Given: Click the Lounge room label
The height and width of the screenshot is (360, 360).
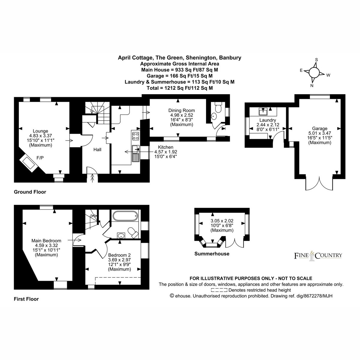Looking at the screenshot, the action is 40,131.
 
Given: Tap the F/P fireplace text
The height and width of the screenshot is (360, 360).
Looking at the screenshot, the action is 40,158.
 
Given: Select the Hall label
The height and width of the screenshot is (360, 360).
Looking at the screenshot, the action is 97,149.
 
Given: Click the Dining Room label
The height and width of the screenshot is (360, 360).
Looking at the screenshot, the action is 181,110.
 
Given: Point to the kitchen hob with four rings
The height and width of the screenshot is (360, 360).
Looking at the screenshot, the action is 135,136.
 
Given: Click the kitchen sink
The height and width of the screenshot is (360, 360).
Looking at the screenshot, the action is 136,153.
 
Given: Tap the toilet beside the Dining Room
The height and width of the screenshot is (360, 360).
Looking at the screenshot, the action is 218,107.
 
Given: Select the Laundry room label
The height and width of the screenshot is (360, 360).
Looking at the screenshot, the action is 268,120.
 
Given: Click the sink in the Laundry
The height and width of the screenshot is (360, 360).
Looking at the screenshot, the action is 263,112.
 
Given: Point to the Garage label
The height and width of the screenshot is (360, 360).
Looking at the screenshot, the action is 319,128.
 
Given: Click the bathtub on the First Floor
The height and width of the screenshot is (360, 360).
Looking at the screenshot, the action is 125,216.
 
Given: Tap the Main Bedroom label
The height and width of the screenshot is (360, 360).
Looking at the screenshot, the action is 46,241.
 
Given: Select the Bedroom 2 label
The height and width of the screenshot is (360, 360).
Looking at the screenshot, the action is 119,255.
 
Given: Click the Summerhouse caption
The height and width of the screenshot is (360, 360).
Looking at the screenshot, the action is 212,254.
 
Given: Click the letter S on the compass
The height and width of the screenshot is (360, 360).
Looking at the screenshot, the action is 316,60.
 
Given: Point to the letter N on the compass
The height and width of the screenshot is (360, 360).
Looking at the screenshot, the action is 312,86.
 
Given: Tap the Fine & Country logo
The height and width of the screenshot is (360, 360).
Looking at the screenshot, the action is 318,256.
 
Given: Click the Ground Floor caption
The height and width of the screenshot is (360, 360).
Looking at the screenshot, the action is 30,192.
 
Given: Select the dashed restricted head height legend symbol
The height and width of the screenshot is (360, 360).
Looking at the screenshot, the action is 219,290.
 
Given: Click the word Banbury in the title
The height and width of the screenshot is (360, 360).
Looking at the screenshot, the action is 230,58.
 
